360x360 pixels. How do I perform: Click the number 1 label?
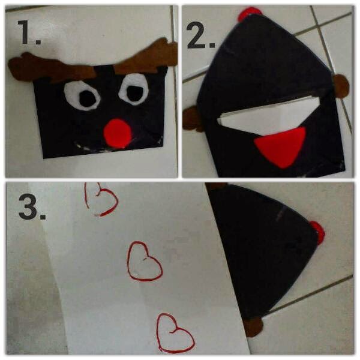coord(29,32)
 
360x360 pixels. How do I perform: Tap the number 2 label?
coord(200,35)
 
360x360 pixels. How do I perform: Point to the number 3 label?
coord(32,206)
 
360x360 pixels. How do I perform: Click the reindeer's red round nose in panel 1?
coord(118,133)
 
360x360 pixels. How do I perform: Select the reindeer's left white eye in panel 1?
coord(82,97)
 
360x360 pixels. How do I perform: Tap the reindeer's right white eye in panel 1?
coord(133,89)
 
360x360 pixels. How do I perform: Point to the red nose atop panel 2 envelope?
coord(249,13)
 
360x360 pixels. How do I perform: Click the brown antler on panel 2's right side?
coord(341,86)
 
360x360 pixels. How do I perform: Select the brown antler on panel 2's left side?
coord(192,119)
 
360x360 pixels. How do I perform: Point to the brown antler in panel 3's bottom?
coord(253,326)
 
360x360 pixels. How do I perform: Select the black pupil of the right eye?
coord(135,93)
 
